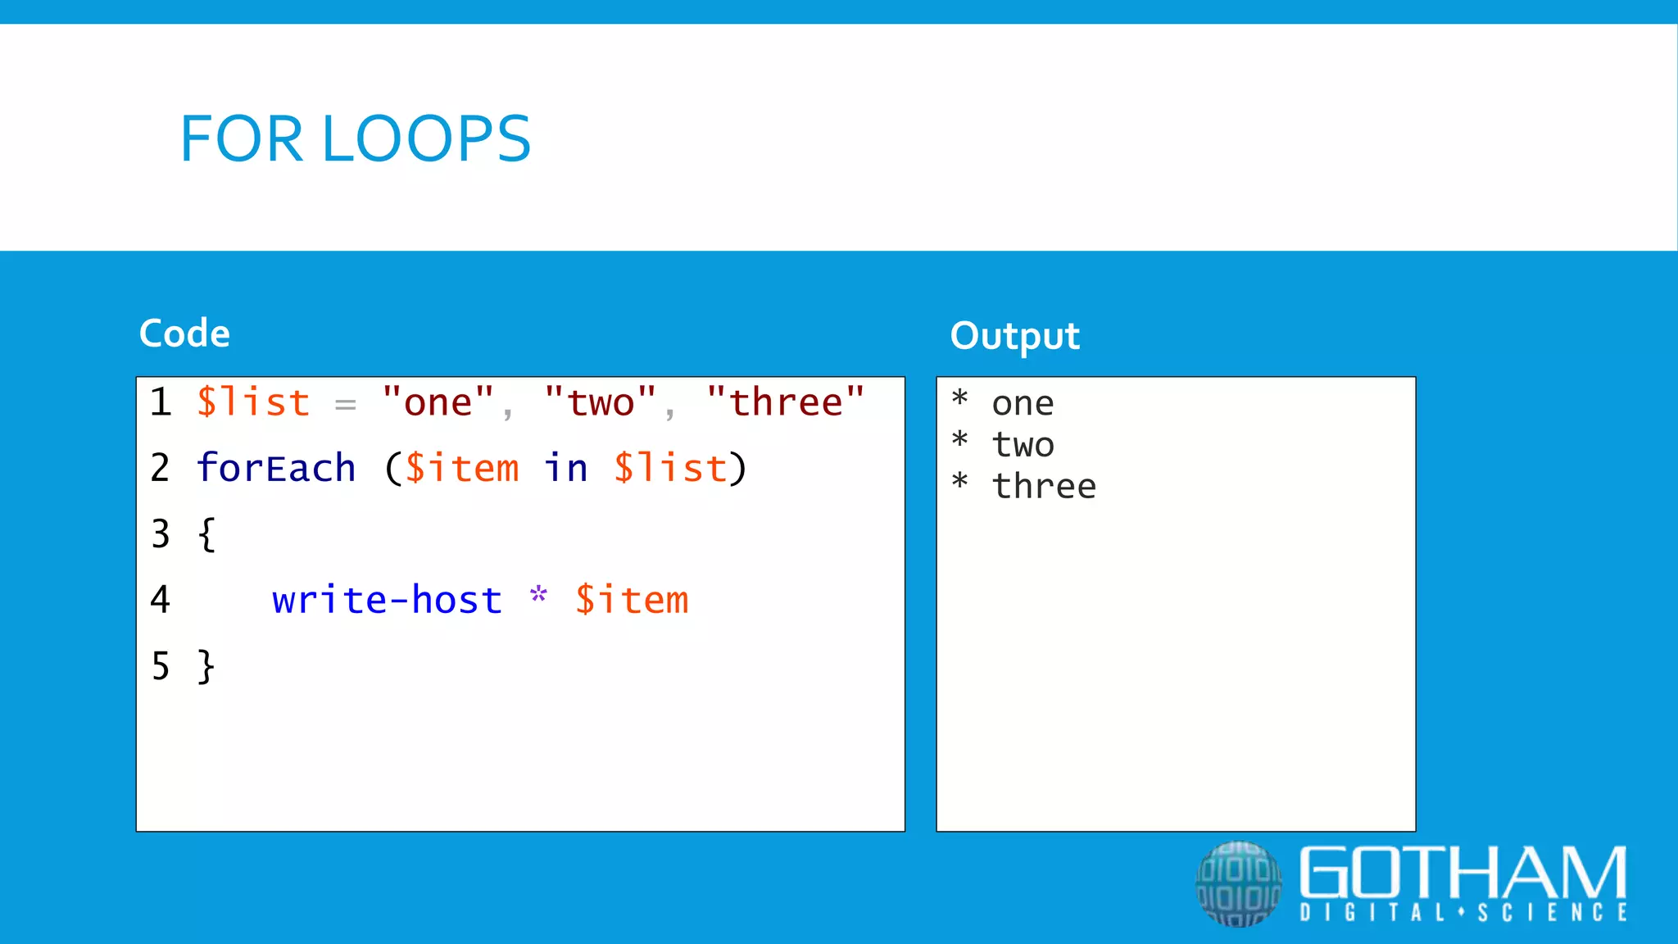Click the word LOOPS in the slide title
tap(427, 138)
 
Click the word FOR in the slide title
tap(242, 138)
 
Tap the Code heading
tap(184, 334)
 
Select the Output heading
tap(1014, 336)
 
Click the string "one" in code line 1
tap(438, 402)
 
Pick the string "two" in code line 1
tap(601, 402)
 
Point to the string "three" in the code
tap(785, 402)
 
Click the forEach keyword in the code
tap(276, 468)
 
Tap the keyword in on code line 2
tap(566, 468)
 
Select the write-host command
tap(387, 600)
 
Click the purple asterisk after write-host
tap(538, 595)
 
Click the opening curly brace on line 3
tap(206, 534)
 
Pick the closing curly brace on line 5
tap(206, 666)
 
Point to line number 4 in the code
tap(161, 600)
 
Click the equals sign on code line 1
tap(346, 404)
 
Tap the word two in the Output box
tap(1023, 445)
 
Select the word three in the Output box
tap(1044, 487)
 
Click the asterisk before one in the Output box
tap(960, 399)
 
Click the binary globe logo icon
tap(1238, 883)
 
